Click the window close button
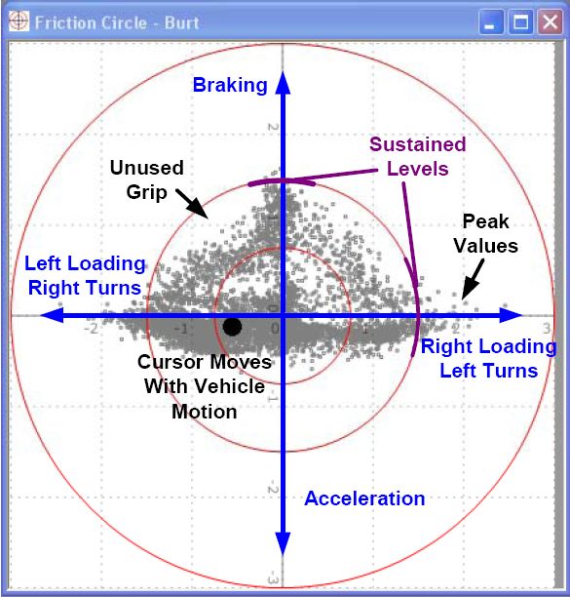tap(550, 22)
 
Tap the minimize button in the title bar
tap(490, 22)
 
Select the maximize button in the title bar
tap(520, 22)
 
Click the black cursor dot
tap(232, 327)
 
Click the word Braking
tap(230, 85)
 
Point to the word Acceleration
tap(364, 498)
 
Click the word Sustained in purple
tap(418, 144)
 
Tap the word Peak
tap(485, 221)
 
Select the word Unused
tap(147, 168)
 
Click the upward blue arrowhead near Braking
tap(283, 82)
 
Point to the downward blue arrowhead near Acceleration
tap(283, 544)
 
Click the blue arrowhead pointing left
tap(52, 315)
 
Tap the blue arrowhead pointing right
tap(511, 315)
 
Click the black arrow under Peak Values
tap(473, 279)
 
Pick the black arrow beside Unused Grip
tap(192, 204)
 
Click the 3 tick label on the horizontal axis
tap(547, 328)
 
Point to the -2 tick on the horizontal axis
tap(92, 328)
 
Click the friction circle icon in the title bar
tap(19, 21)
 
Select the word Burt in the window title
tap(182, 22)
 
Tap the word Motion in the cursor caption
tap(205, 412)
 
